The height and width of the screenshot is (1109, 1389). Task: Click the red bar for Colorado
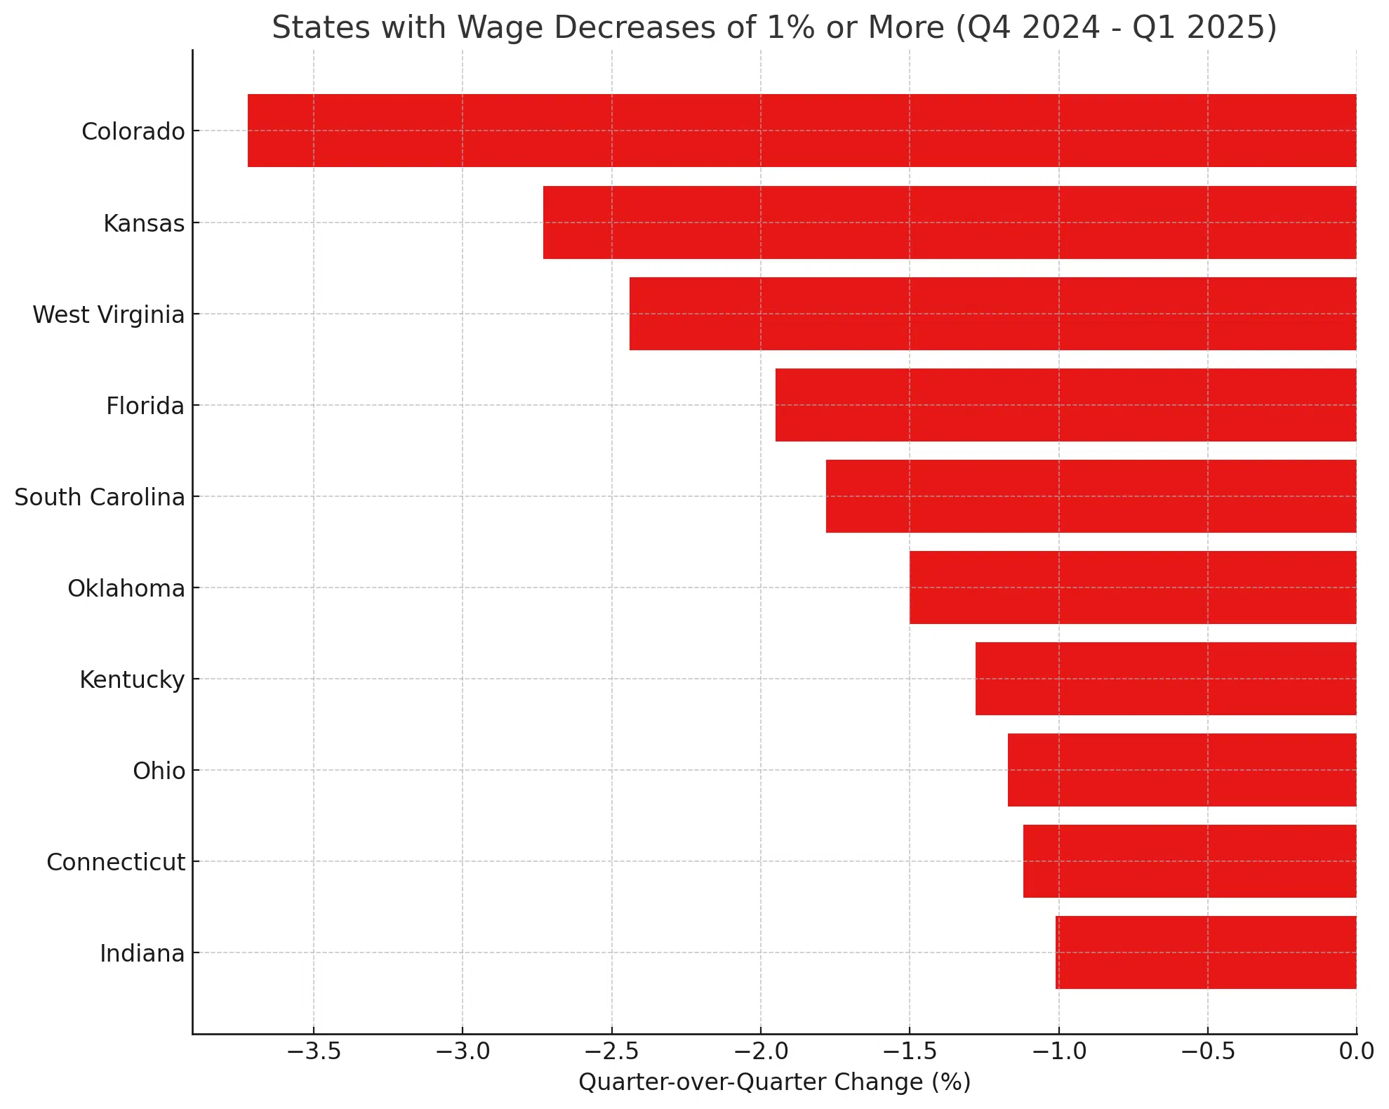[x=802, y=131]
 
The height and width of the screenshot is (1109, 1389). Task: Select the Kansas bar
[x=949, y=223]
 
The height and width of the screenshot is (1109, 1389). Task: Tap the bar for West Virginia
[x=992, y=314]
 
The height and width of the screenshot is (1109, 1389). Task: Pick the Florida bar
[x=1065, y=405]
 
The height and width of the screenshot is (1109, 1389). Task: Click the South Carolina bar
[x=1091, y=496]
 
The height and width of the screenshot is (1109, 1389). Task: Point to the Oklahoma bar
[x=1133, y=587]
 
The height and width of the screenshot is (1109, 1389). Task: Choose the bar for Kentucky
[x=1165, y=679]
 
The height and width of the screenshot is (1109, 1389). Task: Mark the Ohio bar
[x=1182, y=770]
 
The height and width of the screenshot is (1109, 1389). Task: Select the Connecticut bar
[x=1190, y=861]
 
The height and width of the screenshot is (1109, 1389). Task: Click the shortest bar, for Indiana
[x=1206, y=952]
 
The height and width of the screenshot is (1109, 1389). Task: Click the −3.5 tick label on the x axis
[x=313, y=1051]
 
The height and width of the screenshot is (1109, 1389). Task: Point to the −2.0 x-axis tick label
[x=760, y=1051]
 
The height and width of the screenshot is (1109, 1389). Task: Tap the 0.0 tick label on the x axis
[x=1356, y=1051]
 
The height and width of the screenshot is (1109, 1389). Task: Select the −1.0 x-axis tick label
[x=1058, y=1051]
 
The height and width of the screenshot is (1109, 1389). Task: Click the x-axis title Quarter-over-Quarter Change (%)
[x=774, y=1082]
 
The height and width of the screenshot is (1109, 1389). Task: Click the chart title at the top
[x=774, y=28]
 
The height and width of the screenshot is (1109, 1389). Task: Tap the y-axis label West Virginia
[x=109, y=314]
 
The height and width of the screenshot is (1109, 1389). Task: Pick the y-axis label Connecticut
[x=116, y=862]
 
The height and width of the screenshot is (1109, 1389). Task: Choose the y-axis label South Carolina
[x=100, y=497]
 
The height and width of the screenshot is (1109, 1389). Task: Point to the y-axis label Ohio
[x=159, y=771]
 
